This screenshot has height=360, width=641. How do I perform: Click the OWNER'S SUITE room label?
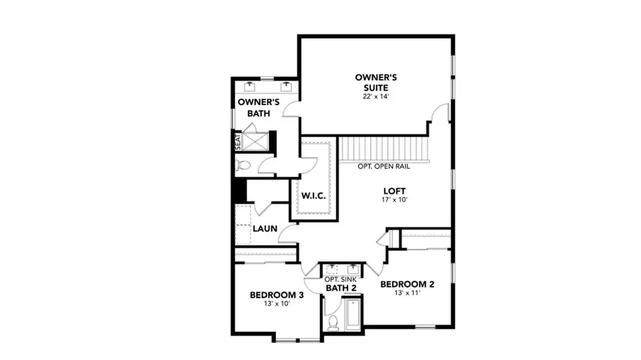[x=376, y=82]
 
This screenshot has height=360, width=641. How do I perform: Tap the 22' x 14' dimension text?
[x=376, y=97]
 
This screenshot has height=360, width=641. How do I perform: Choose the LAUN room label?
[x=264, y=229]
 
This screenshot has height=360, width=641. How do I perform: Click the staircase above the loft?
[x=385, y=148]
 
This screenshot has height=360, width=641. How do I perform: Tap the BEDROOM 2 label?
[x=407, y=284]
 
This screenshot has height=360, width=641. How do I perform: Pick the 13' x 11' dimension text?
[x=407, y=293]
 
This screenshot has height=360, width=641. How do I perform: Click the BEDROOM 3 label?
[x=277, y=295]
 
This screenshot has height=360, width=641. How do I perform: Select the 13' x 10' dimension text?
[x=277, y=304]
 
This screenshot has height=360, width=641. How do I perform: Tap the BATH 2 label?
[x=341, y=289]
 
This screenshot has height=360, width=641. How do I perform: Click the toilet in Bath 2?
[x=333, y=322]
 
